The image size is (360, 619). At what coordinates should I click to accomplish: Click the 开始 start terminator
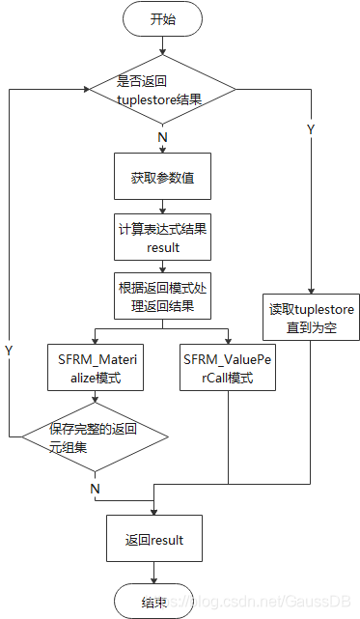pyautogui.click(x=162, y=19)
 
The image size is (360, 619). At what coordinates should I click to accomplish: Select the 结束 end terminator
pyautogui.click(x=153, y=602)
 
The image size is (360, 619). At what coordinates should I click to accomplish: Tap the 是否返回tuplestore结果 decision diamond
pyautogui.click(x=162, y=90)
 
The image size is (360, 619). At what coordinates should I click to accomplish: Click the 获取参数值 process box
pyautogui.click(x=161, y=178)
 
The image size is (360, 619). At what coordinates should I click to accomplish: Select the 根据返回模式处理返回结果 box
pyautogui.click(x=161, y=296)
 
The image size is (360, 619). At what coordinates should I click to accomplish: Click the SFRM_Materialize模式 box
pyautogui.click(x=96, y=367)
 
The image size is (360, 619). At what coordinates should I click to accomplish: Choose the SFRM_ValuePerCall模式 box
pyautogui.click(x=229, y=367)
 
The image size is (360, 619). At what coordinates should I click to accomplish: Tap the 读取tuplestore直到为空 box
pyautogui.click(x=311, y=318)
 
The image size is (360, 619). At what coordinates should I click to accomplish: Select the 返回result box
pyautogui.click(x=153, y=540)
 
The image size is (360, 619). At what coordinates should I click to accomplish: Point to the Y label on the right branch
pyautogui.click(x=311, y=129)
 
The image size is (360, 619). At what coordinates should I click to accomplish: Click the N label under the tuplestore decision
pyautogui.click(x=162, y=137)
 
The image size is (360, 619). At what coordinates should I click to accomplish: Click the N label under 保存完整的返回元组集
pyautogui.click(x=95, y=489)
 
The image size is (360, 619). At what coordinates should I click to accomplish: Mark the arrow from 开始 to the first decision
pyautogui.click(x=162, y=46)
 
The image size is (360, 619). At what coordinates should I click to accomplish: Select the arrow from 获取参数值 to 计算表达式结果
pyautogui.click(x=161, y=206)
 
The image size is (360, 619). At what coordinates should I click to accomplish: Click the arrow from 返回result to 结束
pyautogui.click(x=153, y=573)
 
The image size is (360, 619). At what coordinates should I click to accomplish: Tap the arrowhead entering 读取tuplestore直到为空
pyautogui.click(x=311, y=289)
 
